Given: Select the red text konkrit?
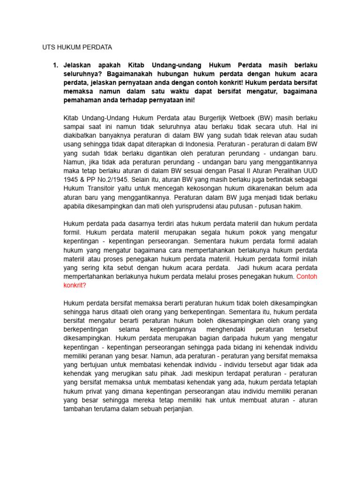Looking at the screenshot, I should (x=75, y=285).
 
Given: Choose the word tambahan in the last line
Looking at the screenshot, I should (x=79, y=409).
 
